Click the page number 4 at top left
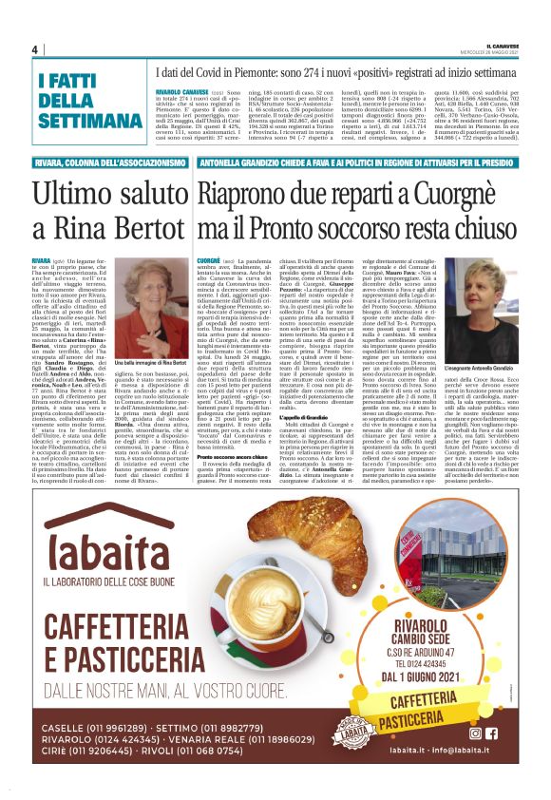point(34,49)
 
